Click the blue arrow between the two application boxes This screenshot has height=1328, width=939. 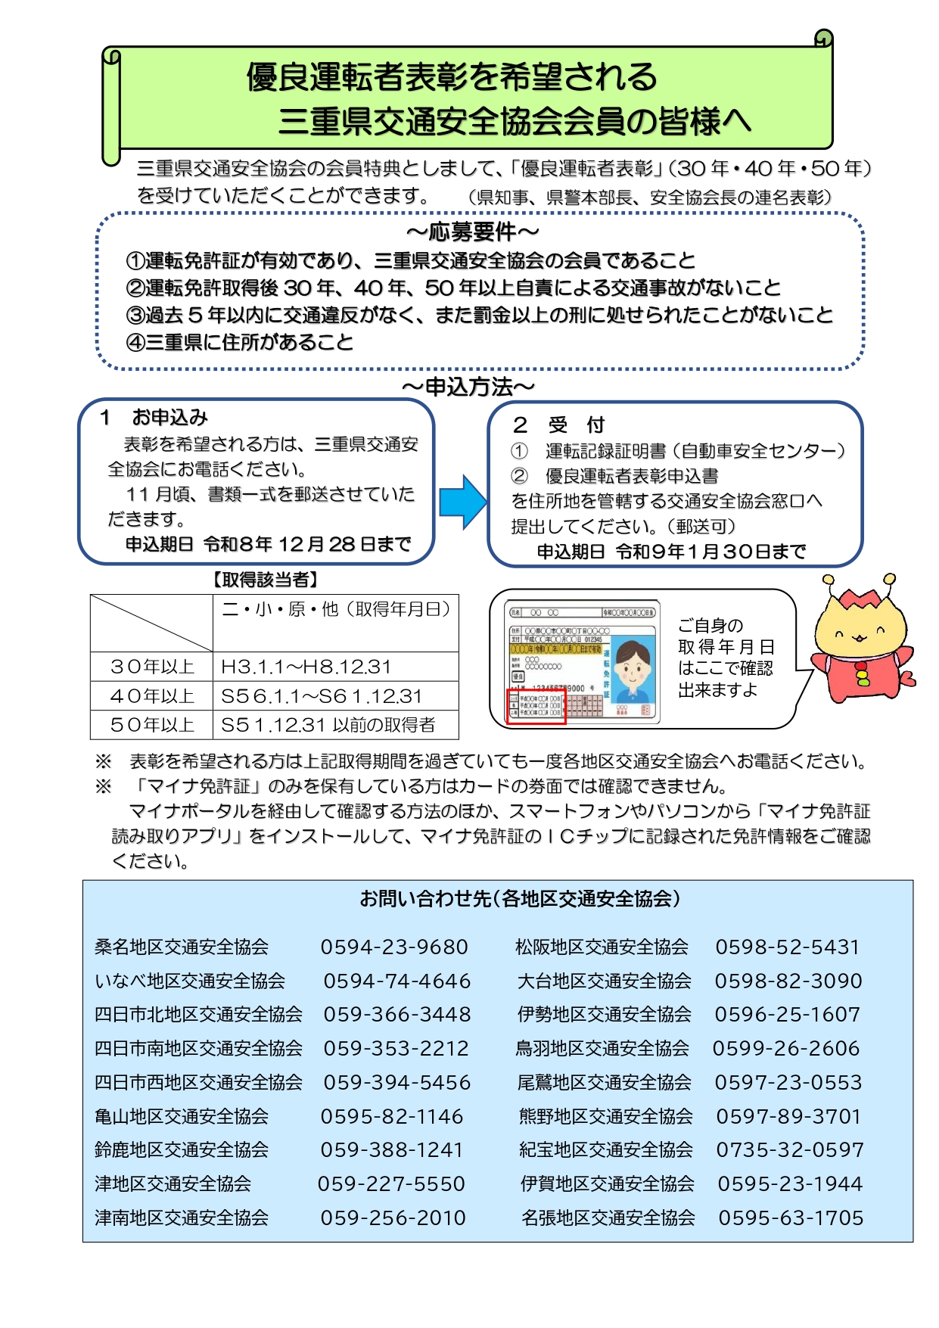click(462, 502)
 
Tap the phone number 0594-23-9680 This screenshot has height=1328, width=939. click(393, 947)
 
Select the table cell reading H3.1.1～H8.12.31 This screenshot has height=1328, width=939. click(306, 667)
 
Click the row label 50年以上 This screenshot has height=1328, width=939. click(152, 725)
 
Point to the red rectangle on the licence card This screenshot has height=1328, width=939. click(536, 706)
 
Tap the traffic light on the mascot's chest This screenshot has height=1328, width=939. click(862, 673)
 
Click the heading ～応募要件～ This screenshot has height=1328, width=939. click(473, 232)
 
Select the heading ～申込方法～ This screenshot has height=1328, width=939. click(468, 387)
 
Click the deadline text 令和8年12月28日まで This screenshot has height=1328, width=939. click(306, 544)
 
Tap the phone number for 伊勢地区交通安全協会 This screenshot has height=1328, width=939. click(787, 1014)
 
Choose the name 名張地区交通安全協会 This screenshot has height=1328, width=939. click(608, 1218)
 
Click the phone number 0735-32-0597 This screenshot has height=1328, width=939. click(789, 1149)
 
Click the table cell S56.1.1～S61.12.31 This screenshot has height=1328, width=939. click(321, 696)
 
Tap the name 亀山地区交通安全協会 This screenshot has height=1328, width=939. click(182, 1116)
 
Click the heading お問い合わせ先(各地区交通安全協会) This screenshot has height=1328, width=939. click(520, 899)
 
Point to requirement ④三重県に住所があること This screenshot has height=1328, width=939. click(240, 343)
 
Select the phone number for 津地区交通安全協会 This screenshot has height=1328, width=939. click(390, 1183)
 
